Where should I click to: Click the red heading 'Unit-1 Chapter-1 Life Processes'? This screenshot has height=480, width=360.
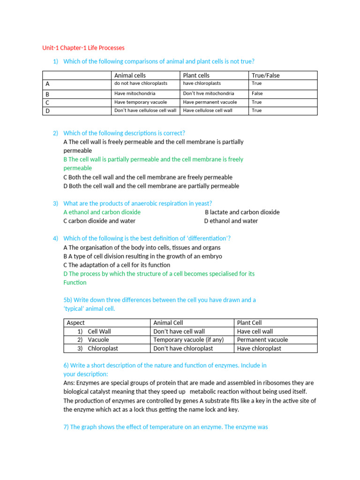coord(83,48)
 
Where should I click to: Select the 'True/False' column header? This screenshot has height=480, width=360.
coord(265,75)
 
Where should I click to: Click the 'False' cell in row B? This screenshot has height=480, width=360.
coord(257,93)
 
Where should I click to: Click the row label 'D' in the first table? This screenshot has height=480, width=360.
coord(48,111)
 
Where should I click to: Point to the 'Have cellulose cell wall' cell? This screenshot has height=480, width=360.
coord(209,110)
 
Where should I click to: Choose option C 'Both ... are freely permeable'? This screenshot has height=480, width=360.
coord(148,177)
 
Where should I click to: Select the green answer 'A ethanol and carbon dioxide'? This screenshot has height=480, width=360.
coord(102,212)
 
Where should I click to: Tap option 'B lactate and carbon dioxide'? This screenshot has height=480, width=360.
coord(242,212)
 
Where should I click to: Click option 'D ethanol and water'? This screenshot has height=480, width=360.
coord(231,221)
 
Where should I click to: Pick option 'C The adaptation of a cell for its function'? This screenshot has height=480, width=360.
coord(117,265)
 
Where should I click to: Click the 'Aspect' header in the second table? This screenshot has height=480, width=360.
coord(76,322)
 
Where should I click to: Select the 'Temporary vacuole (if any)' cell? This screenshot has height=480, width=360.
coord(188,339)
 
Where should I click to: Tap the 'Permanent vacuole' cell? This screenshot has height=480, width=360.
coord(262,339)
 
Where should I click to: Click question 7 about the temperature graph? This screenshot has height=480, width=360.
coord(165,427)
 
